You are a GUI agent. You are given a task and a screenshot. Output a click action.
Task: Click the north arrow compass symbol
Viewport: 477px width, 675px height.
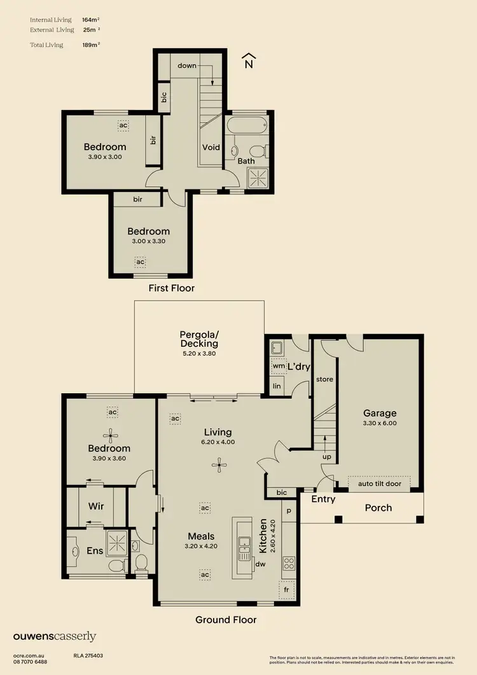[x=249, y=61]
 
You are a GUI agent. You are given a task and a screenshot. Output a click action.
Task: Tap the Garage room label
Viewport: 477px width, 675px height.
[x=380, y=413]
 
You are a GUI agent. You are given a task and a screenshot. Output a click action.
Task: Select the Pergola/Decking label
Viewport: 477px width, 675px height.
[x=199, y=339]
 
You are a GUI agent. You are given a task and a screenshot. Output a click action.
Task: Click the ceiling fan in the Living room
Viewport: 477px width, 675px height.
[x=219, y=466]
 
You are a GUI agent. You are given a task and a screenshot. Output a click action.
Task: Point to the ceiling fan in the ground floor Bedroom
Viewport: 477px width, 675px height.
[x=112, y=436]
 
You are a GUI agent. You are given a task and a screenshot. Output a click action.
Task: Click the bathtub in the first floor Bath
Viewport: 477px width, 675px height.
[x=248, y=125]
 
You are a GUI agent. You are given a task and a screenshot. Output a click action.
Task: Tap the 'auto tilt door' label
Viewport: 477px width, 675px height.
[x=378, y=484]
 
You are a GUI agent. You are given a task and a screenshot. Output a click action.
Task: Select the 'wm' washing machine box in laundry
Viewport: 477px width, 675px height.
[x=277, y=366]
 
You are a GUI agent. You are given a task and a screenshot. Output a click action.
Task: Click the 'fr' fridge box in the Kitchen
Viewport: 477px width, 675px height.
[x=286, y=588]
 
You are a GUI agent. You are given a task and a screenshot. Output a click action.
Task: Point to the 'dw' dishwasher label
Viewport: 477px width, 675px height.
[x=260, y=563]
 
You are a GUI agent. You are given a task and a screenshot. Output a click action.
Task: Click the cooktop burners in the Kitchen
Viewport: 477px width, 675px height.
[x=288, y=563]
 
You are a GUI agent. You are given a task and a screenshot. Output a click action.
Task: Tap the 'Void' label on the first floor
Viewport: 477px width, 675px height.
[x=211, y=147]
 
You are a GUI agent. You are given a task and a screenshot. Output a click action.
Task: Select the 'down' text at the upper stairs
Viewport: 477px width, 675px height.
[x=187, y=66]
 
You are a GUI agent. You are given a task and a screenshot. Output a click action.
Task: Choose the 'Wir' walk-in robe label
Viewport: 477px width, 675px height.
[x=95, y=506]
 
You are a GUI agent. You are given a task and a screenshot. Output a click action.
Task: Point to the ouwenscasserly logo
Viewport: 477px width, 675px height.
[x=54, y=636]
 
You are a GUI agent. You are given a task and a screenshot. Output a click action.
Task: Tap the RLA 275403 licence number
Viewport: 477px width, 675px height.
[x=88, y=655]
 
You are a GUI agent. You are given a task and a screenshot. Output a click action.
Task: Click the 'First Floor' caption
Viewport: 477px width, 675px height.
[x=172, y=288]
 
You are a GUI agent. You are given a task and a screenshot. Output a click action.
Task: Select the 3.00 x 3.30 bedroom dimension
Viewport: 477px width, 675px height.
[x=148, y=242]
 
